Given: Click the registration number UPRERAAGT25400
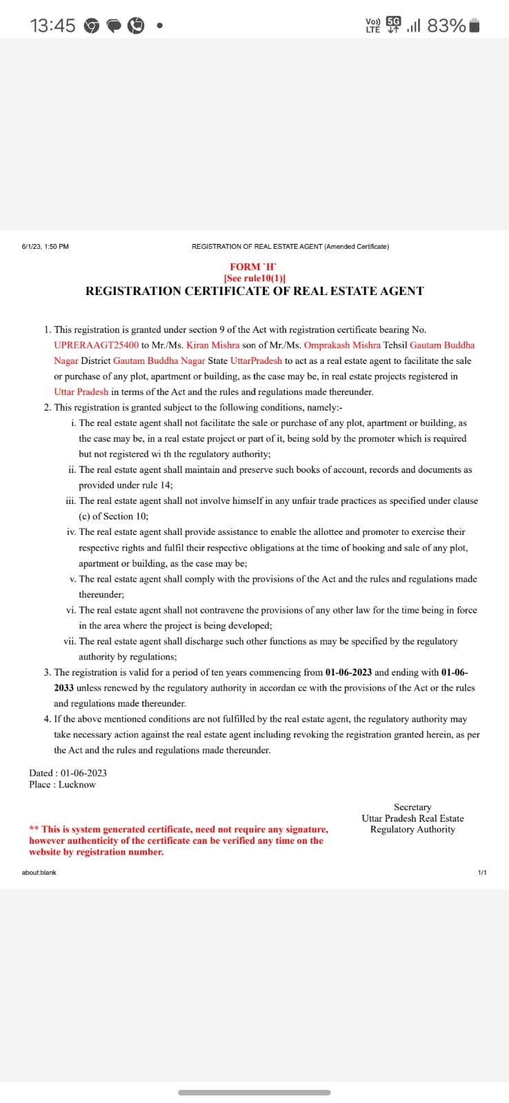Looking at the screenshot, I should click(96, 345).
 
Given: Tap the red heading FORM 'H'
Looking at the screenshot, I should click(254, 267).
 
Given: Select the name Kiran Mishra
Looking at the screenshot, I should click(213, 345).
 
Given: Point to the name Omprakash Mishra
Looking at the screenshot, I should click(342, 345).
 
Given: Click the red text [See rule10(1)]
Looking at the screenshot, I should click(254, 278).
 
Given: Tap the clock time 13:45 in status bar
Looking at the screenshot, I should click(52, 26).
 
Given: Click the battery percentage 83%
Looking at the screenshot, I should click(446, 26).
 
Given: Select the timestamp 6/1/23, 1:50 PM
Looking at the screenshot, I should click(46, 247).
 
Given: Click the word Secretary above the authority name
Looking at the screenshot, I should click(412, 807).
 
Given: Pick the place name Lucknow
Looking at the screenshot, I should click(77, 785).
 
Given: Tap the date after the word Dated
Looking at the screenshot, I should click(83, 773).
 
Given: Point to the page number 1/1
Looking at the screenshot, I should click(482, 873).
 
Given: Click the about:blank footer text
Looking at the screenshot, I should click(39, 873).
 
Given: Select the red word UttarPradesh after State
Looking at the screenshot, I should click(256, 361).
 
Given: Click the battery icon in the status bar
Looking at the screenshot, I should click(474, 26).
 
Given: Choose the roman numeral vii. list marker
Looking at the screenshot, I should click(69, 642).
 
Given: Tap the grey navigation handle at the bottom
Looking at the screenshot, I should click(254, 1092).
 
